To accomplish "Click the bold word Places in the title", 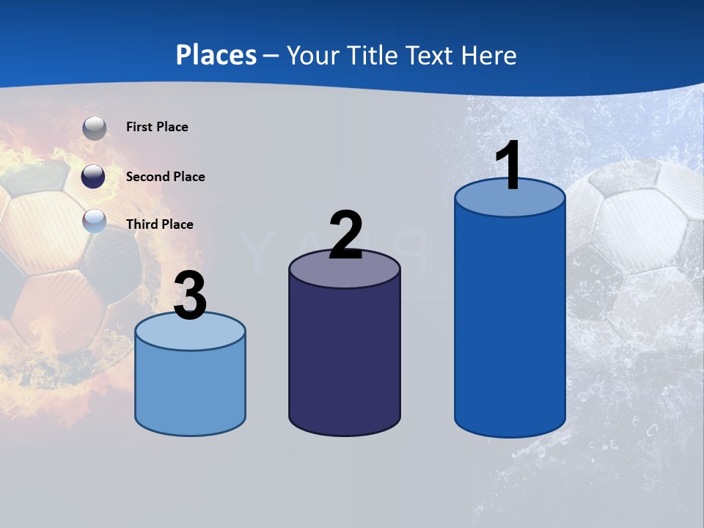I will [x=216, y=55].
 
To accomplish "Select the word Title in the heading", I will [x=373, y=55].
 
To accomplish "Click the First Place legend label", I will [x=157, y=127].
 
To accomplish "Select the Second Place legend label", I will [x=165, y=177].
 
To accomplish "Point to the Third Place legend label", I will [x=159, y=224].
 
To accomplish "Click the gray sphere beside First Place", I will [x=94, y=128].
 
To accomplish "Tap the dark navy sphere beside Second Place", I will [x=93, y=177].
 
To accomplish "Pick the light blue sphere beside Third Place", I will [x=94, y=220].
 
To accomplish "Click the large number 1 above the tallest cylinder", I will [x=509, y=166].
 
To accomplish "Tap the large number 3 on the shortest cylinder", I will [x=191, y=296].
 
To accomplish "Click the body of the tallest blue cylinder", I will [x=510, y=323].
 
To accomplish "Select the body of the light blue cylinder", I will [x=190, y=389].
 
